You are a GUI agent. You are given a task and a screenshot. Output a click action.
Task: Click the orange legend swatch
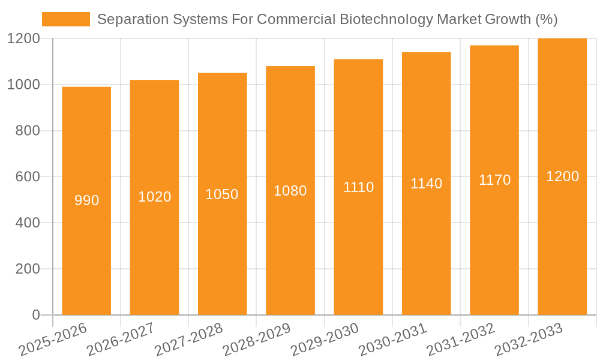(x=65, y=19)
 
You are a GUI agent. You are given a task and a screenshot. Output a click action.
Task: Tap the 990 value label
(x=86, y=200)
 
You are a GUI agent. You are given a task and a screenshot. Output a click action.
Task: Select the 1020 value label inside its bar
(x=154, y=197)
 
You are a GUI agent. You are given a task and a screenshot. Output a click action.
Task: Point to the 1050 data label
(x=222, y=194)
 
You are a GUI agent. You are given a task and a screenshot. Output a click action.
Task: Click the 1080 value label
(x=290, y=191)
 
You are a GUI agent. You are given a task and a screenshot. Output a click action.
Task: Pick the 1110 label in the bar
(x=358, y=187)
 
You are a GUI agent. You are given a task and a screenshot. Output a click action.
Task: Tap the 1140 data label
(x=426, y=184)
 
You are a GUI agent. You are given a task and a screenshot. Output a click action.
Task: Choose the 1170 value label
(x=494, y=180)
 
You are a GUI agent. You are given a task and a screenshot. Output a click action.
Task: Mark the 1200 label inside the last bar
(x=562, y=176)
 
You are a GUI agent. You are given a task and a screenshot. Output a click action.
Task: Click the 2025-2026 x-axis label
(x=53, y=340)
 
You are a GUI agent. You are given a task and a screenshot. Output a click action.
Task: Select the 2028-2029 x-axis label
(x=257, y=340)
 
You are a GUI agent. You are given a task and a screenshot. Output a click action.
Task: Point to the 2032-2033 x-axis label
(x=529, y=340)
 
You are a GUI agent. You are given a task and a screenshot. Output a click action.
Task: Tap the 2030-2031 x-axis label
(x=393, y=340)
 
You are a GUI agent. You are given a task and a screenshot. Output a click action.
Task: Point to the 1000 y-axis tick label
(x=23, y=85)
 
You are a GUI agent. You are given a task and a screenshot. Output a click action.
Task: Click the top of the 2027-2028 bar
(x=222, y=74)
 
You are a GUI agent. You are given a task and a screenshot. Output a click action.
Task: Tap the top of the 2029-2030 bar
(x=358, y=60)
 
